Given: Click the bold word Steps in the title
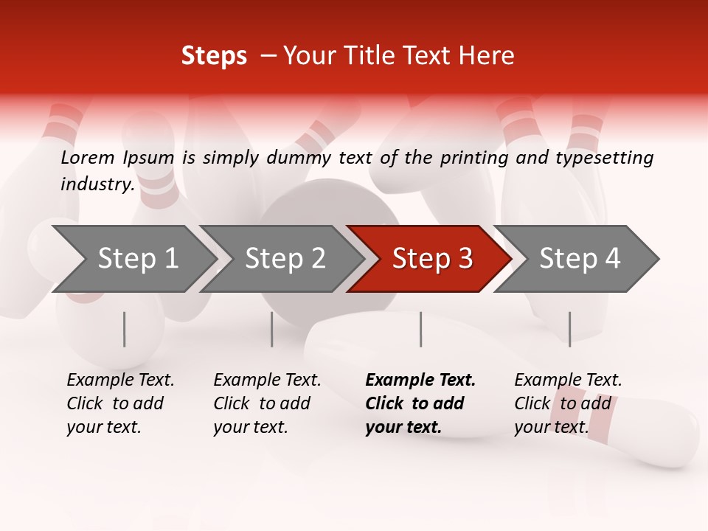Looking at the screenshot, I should pos(214,56).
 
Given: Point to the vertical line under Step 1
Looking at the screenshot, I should pos(124,329).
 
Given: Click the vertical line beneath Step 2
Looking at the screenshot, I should pos(272,329).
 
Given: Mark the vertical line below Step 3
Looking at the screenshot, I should pos(420,329).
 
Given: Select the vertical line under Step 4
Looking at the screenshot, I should pos(569,329).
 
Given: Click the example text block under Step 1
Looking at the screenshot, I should pos(119,403).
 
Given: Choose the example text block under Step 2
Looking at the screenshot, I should pos(266,403).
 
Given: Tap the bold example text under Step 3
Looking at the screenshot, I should pos(420,403).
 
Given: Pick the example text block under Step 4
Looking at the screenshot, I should pos(567,403).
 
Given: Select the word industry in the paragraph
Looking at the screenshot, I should pos(97,184).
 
